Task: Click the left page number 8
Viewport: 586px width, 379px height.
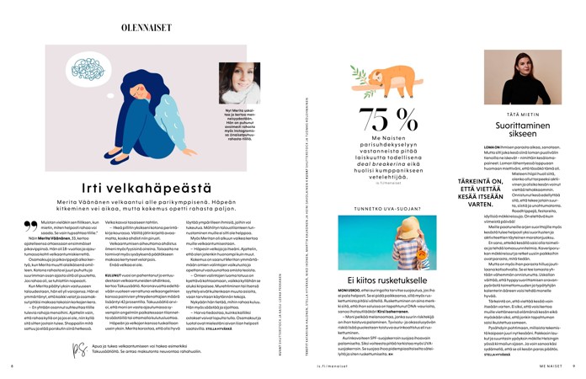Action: pyautogui.click(x=12, y=366)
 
